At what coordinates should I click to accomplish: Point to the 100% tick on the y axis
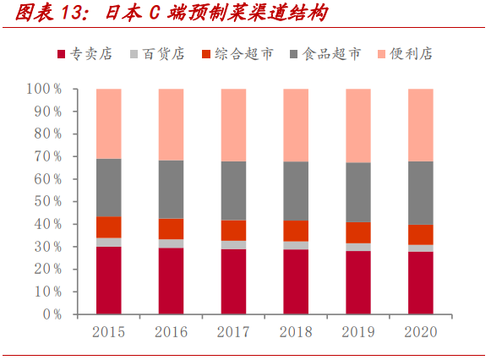(x=44, y=89)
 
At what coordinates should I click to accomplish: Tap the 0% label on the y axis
(x=51, y=314)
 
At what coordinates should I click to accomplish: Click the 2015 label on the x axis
(x=108, y=332)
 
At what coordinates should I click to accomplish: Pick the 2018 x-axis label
(x=296, y=332)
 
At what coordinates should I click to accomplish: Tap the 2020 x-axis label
(x=420, y=332)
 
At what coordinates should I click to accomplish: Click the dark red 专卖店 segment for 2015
(x=108, y=280)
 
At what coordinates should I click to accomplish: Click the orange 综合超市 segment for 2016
(x=171, y=228)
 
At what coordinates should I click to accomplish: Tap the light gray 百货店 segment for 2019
(x=357, y=247)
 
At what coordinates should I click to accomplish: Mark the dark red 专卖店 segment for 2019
(x=357, y=282)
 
